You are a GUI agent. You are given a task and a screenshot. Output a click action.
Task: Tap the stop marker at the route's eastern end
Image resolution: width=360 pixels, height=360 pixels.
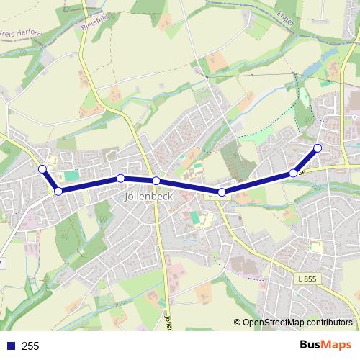pyautogui.click(x=318, y=148)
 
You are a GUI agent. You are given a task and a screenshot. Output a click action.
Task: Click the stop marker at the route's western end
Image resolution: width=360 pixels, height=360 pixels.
pyautogui.click(x=42, y=168)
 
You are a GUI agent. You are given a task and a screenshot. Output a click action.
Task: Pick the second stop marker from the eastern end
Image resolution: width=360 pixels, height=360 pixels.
pyautogui.click(x=293, y=173)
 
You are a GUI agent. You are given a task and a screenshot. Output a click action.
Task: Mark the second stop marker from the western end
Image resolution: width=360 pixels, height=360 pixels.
pyautogui.click(x=58, y=191)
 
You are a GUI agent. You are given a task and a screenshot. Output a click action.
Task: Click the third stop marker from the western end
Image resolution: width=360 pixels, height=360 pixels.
pyautogui.click(x=121, y=178)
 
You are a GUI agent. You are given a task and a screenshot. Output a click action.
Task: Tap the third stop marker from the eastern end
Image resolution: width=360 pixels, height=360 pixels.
pyautogui.click(x=222, y=192)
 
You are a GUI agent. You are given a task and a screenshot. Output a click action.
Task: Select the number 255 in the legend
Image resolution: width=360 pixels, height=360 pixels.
pyautogui.click(x=30, y=346)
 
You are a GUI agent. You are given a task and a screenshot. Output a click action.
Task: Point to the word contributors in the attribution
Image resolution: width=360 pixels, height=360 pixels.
pyautogui.click(x=330, y=323)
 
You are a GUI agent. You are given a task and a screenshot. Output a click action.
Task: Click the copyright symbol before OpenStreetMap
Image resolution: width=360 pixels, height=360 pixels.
pyautogui.click(x=238, y=323)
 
